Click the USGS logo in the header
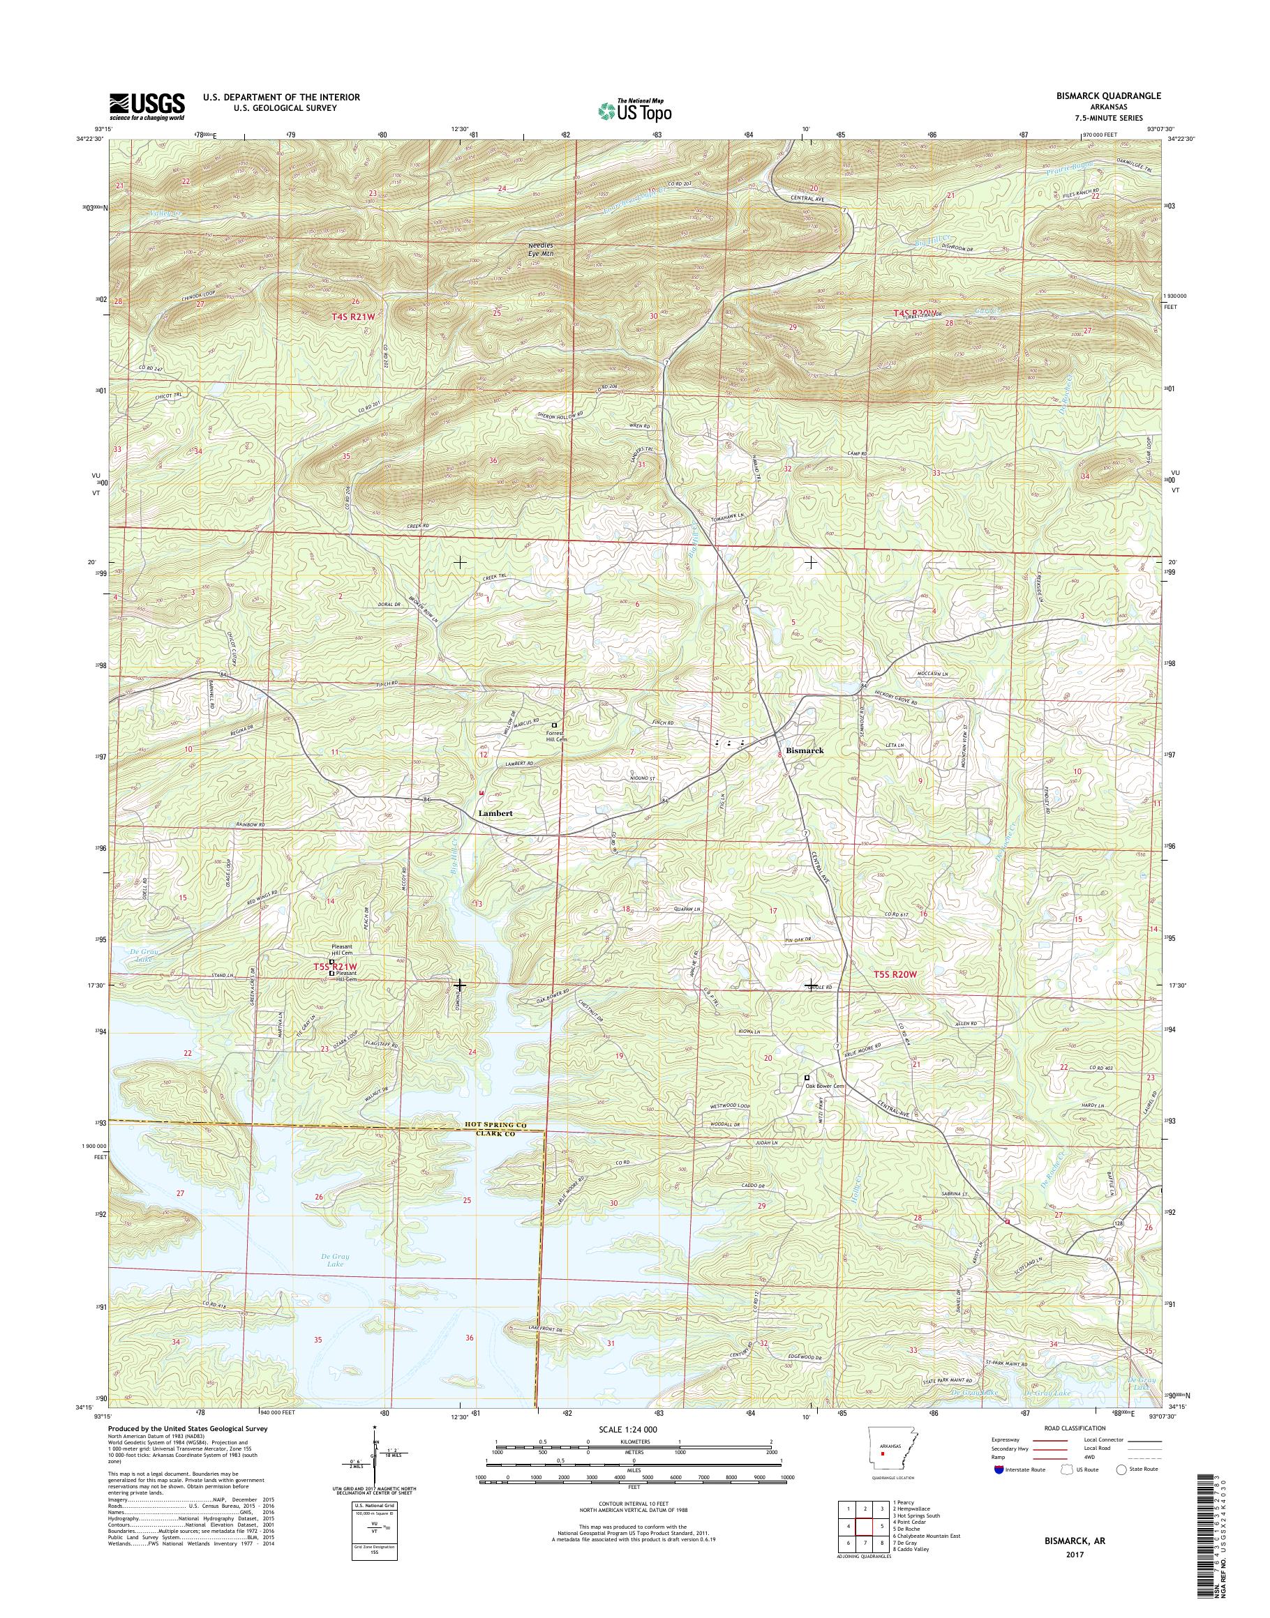(x=147, y=106)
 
